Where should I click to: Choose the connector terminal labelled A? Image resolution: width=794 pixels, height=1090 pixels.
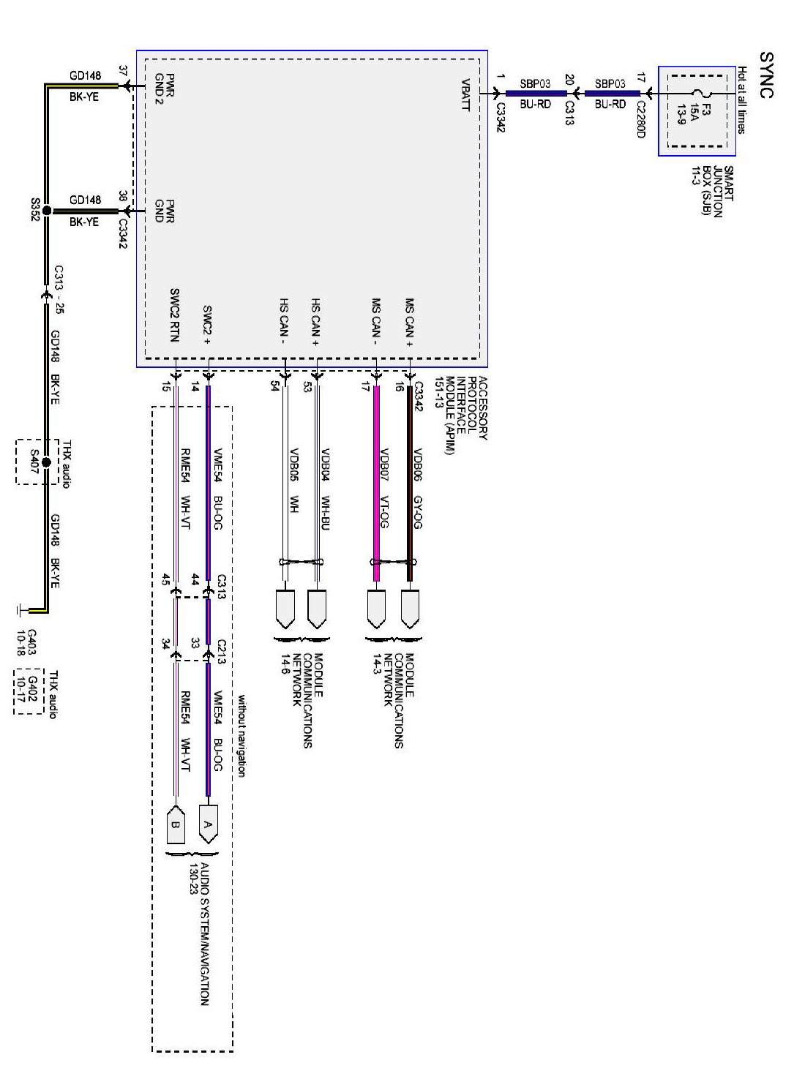(208, 824)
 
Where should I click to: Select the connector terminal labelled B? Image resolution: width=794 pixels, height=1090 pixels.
(176, 824)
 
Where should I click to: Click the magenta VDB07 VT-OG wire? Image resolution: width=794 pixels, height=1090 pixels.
(377, 483)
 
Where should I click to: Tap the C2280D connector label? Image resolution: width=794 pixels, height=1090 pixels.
(641, 119)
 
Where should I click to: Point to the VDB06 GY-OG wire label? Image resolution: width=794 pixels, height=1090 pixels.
(418, 489)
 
